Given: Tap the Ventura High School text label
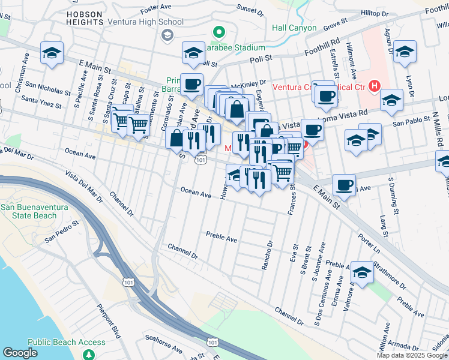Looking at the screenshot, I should pyautogui.click(x=145, y=22).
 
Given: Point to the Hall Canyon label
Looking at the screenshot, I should pyautogui.click(x=294, y=28).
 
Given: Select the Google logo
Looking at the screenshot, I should pyautogui.click(x=20, y=353).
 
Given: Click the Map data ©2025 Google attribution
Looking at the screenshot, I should pyautogui.click(x=412, y=355).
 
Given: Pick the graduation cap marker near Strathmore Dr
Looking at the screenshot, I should pyautogui.click(x=362, y=272).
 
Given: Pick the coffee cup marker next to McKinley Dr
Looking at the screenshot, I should pyautogui.click(x=191, y=85).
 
